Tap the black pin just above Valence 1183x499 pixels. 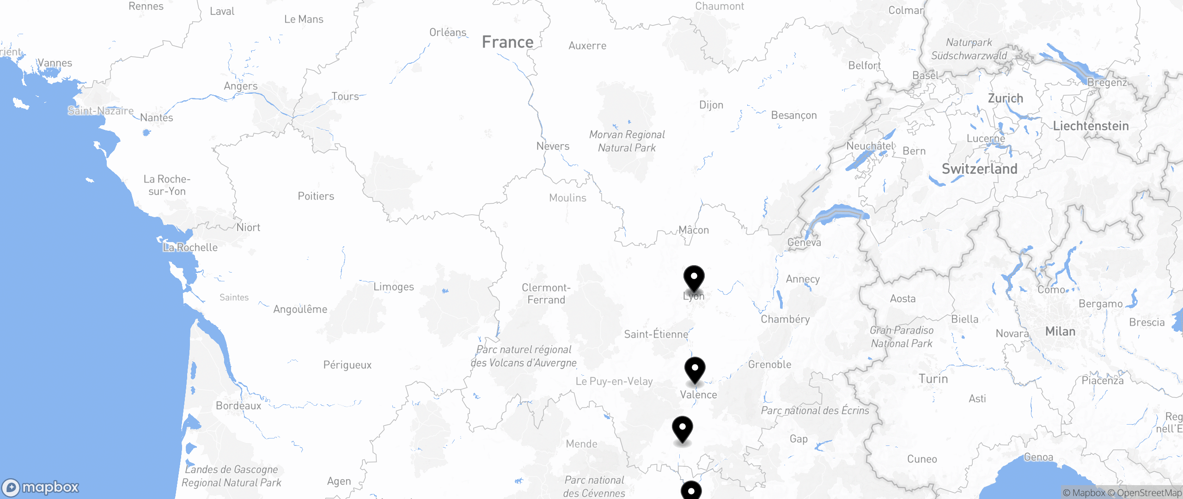(695, 370)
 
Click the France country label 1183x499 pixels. (507, 42)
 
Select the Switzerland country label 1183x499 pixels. (979, 169)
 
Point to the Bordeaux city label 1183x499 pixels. (238, 406)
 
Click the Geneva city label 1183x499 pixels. (804, 243)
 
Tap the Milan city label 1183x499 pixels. (1060, 332)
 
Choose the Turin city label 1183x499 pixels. (933, 379)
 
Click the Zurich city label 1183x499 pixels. (1006, 98)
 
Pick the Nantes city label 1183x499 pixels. (157, 118)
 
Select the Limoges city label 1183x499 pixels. (394, 287)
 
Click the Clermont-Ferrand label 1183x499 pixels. (546, 294)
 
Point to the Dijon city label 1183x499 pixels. (711, 105)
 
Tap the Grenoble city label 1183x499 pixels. (770, 365)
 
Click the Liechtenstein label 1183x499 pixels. (1091, 126)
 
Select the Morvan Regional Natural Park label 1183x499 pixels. (627, 141)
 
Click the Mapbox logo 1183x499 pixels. (41, 487)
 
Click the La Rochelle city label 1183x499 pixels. (190, 248)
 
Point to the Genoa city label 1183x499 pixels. (1038, 457)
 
